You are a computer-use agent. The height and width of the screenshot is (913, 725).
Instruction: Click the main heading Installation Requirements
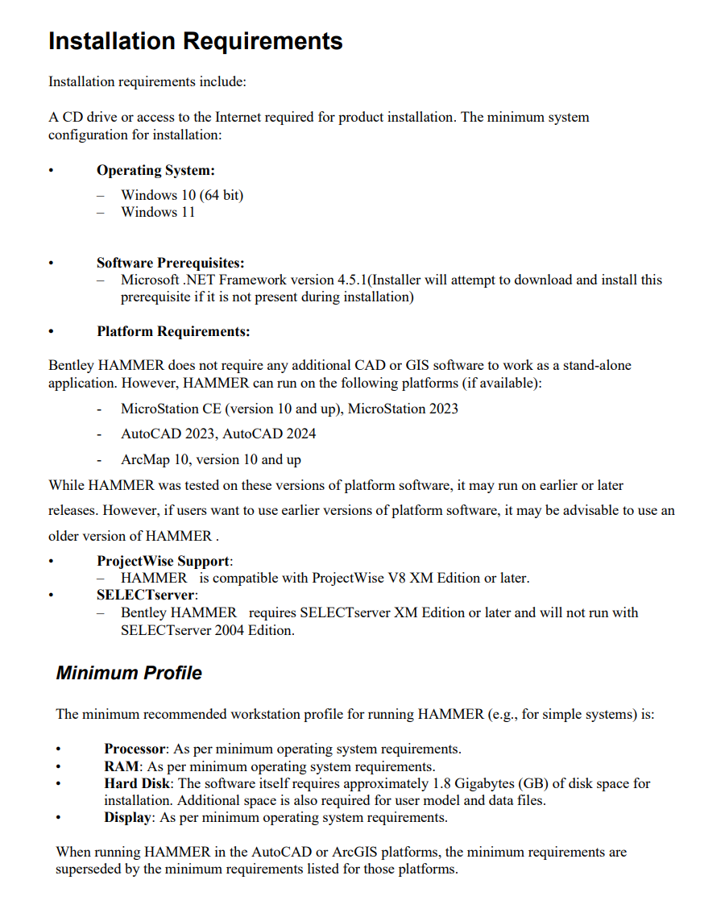195,41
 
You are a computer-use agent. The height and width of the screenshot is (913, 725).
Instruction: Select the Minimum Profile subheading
129,673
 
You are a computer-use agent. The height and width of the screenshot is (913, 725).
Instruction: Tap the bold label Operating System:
155,170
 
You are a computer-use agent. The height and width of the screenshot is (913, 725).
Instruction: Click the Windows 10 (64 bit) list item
182,195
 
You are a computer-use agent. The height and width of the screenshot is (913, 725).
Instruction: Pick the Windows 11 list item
158,212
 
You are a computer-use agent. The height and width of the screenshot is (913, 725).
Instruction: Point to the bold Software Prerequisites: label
170,263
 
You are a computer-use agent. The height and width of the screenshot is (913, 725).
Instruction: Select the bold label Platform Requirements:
173,331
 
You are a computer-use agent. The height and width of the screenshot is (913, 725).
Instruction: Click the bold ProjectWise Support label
164,561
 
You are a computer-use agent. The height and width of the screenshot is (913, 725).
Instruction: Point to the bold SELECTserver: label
146,595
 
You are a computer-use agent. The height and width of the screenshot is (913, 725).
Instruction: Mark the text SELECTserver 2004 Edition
207,630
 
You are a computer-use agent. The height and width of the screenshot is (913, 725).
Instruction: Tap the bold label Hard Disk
137,783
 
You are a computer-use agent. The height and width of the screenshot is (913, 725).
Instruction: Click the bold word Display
128,817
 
